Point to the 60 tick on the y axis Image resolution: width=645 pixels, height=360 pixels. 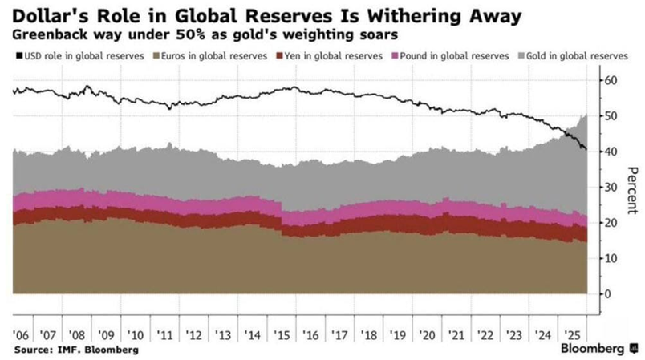click(611, 80)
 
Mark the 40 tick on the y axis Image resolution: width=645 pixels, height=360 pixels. click(611, 152)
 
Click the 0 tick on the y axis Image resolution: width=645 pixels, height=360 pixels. click(608, 294)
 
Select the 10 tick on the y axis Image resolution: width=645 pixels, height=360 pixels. click(611, 258)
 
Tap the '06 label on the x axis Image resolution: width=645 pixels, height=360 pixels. click(21, 334)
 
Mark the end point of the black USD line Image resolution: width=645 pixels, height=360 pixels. click(586, 150)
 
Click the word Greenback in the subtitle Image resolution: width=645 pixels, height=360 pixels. click(49, 36)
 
